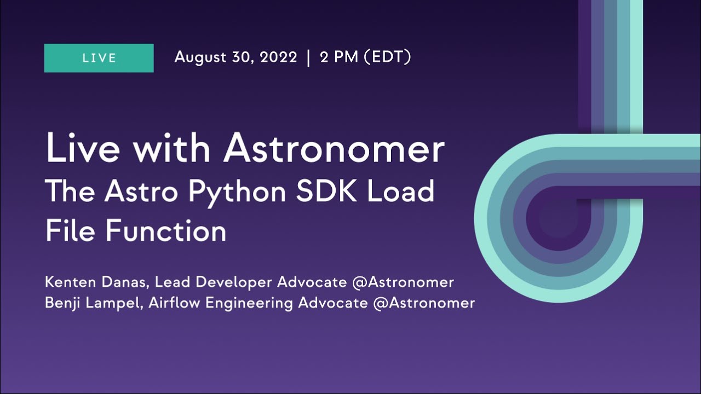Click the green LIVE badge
pos(99,58)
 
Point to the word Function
pos(165,230)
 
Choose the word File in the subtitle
pos(71,230)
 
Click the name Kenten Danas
pos(96,282)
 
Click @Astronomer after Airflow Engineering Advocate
pos(424,303)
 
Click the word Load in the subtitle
pos(405,192)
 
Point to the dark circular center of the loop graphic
pos(555,219)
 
